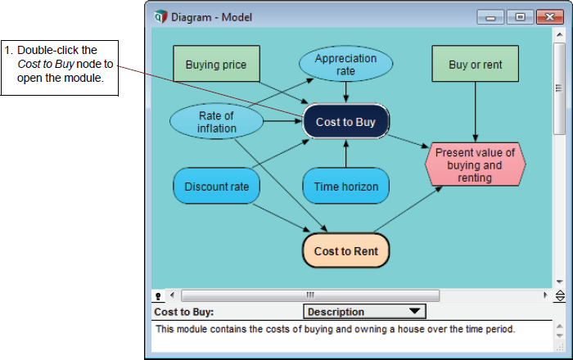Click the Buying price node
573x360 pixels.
coord(216,64)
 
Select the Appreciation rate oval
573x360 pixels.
coord(345,64)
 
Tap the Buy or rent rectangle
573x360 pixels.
coord(475,64)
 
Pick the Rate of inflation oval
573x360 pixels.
coord(216,122)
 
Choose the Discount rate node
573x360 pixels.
coord(216,187)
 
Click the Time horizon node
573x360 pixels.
coord(345,187)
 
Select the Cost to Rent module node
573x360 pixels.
coord(345,251)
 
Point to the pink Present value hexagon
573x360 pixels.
coord(475,164)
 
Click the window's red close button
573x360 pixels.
coord(549,17)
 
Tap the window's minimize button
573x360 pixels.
coord(490,17)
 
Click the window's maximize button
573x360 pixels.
coord(520,17)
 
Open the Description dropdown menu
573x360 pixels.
coord(364,312)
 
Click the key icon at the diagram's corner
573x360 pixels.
coord(158,296)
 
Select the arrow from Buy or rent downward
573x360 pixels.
coord(475,112)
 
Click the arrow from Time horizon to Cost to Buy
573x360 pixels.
coord(345,154)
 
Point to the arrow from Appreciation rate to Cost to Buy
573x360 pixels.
coord(345,92)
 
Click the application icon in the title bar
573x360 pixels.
coord(160,17)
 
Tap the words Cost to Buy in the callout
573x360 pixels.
coord(46,64)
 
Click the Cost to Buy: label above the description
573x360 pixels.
coord(184,313)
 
